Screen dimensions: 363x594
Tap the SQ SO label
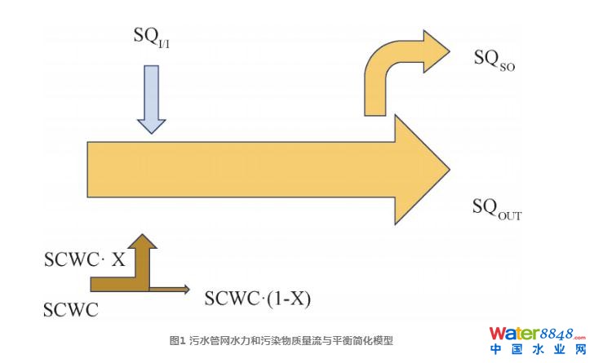tap(495, 59)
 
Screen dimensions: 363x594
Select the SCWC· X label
tap(84, 260)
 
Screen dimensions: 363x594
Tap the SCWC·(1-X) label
tap(258, 298)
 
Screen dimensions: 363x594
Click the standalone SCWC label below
tap(70, 309)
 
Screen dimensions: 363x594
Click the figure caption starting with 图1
tap(281, 340)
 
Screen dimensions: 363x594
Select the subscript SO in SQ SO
tap(507, 64)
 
